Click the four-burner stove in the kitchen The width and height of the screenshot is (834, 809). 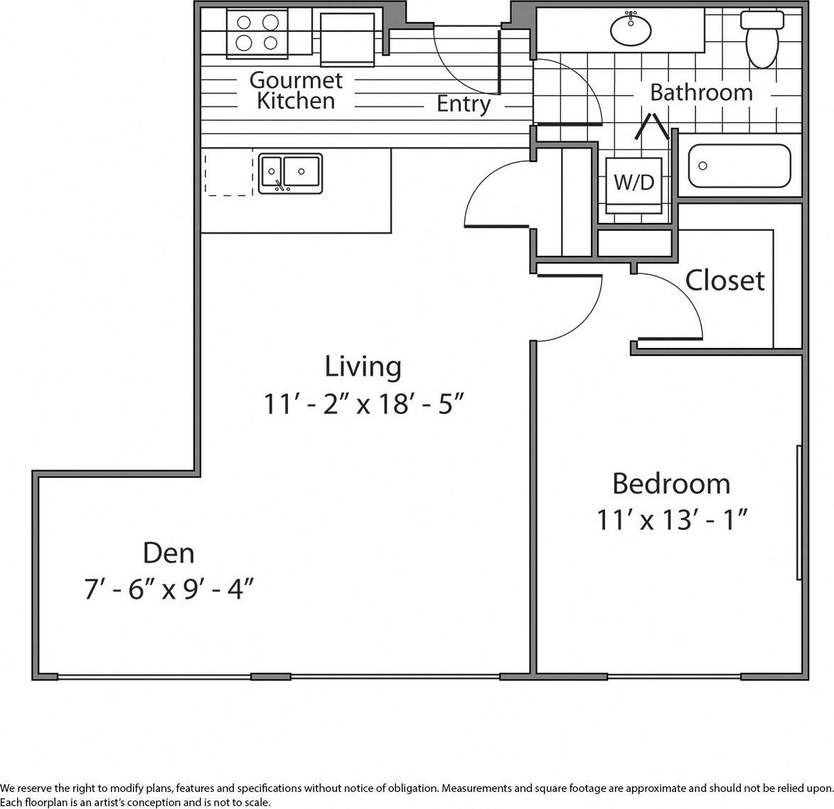257,33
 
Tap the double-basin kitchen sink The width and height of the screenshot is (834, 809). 290,173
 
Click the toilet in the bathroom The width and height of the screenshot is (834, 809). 761,39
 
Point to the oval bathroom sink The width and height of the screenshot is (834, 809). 631,30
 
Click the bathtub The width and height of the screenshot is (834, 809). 739,166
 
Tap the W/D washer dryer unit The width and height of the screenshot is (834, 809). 633,183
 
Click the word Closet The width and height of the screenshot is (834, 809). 725,281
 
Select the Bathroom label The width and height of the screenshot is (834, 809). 701,92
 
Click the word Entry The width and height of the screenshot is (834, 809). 464,104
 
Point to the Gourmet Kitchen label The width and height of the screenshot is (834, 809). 296,90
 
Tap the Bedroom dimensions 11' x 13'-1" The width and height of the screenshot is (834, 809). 671,521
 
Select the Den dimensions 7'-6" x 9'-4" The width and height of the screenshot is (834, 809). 169,590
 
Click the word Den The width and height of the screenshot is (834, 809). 169,553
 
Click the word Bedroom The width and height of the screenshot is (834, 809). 671,484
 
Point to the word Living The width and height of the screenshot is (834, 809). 363,367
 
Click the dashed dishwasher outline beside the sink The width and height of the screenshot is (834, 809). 228,172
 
